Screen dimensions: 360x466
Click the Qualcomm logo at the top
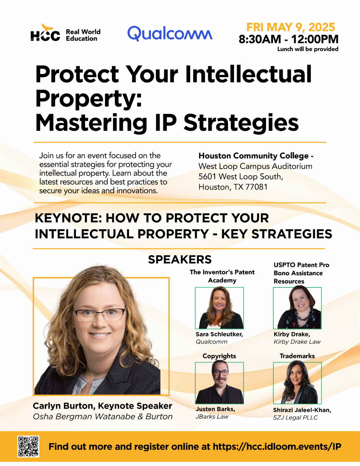coord(170,33)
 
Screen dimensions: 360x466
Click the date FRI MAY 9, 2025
coord(290,27)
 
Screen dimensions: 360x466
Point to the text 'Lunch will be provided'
coord(308,49)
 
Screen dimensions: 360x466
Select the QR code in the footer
coord(28,446)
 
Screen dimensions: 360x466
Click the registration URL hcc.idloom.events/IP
coord(277,446)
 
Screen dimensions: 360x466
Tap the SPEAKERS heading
coord(180,260)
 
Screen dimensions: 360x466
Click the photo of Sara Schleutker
coord(219,308)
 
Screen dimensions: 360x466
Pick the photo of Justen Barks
coord(219,383)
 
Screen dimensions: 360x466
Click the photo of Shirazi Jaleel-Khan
coord(297,383)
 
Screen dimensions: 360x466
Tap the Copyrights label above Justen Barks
coord(219,356)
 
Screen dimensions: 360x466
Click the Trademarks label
coord(297,356)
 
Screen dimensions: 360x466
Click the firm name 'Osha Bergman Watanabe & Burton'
coord(103,416)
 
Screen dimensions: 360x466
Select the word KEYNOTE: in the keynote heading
coord(68,218)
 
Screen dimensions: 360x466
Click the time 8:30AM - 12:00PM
coord(289,39)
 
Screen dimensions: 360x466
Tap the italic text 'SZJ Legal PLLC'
coord(295,417)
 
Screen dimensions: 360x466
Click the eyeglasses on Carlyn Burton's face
coord(99,314)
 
